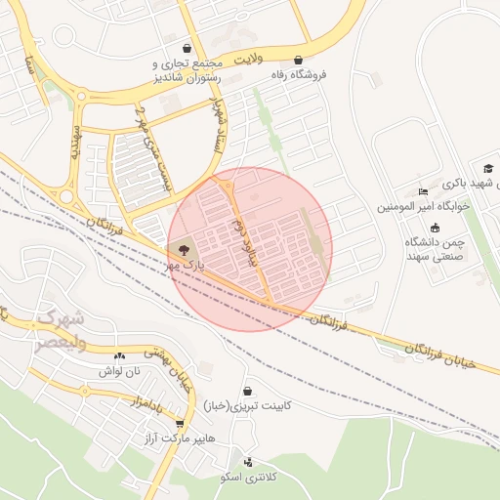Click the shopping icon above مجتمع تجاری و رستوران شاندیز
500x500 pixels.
pos(187,49)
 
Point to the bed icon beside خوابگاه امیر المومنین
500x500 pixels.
pos(422,190)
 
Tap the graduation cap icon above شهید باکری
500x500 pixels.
pos(487,169)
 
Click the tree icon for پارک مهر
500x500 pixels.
pos(186,252)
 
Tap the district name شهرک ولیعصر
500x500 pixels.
pos(61,330)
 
